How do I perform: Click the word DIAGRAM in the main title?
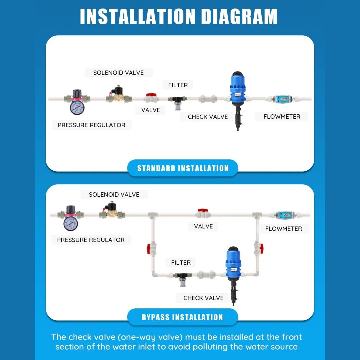click(239, 16)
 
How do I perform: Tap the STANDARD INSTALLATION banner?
click(183, 168)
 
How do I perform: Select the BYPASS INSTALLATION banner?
click(182, 317)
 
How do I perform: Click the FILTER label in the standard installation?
click(178, 85)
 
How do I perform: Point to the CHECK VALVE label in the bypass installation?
click(203, 298)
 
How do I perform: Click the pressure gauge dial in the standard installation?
click(77, 107)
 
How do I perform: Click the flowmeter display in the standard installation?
click(284, 99)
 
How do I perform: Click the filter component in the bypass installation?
click(182, 278)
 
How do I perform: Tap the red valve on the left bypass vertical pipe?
click(152, 249)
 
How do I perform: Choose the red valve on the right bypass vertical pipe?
click(259, 248)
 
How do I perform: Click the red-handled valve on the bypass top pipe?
click(203, 213)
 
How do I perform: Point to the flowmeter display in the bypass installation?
click(286, 215)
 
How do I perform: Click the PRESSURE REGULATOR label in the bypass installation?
click(91, 240)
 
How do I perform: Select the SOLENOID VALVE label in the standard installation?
click(118, 73)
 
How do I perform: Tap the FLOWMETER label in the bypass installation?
click(284, 229)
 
